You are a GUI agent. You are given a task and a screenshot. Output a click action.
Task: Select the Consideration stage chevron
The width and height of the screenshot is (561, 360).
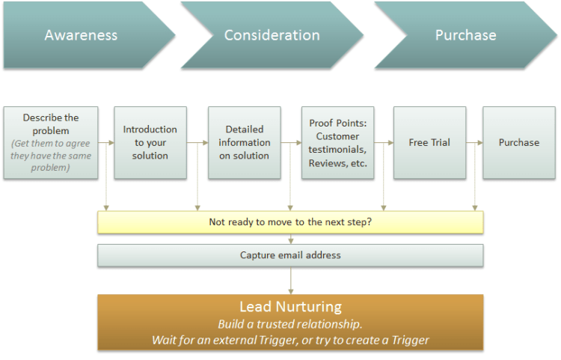[x=272, y=35]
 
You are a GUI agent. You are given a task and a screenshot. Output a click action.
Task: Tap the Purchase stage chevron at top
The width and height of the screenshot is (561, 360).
[x=465, y=35]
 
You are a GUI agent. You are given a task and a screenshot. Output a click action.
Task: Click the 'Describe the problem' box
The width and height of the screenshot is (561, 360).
[x=50, y=142]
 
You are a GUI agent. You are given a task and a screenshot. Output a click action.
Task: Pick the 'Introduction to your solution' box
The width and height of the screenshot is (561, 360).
[x=150, y=142]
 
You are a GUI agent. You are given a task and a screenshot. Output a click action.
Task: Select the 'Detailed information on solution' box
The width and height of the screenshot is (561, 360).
[x=244, y=142]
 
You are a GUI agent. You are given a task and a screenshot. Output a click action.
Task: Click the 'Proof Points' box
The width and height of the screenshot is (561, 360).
[x=337, y=142]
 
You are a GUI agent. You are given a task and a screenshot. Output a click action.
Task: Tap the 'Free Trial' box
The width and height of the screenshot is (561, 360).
[x=429, y=142]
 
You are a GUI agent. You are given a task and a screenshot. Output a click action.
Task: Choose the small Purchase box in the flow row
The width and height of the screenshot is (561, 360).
[x=519, y=142]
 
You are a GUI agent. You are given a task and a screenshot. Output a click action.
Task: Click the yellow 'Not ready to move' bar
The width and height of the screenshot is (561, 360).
[x=290, y=222]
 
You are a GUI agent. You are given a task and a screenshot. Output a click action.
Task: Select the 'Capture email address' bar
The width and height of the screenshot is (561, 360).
[x=290, y=255]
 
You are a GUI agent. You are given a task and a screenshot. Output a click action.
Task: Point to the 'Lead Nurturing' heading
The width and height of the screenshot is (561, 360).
[x=290, y=307]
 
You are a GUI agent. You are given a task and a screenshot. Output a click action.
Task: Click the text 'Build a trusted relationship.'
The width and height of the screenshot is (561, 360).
[x=290, y=324]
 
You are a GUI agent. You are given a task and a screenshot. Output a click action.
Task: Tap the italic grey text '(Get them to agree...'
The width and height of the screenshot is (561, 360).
[x=50, y=157]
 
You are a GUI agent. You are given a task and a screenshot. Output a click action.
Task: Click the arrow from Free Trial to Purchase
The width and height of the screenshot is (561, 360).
[x=474, y=142]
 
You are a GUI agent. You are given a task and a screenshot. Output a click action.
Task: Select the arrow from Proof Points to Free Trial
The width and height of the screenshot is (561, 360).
[x=384, y=142]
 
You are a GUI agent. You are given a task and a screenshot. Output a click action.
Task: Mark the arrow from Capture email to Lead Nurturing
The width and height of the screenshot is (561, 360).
[x=290, y=280]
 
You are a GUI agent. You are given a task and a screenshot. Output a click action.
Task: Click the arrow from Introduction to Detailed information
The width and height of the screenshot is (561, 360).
[x=197, y=142]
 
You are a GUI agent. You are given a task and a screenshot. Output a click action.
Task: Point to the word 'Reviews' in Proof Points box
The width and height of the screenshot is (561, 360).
[x=327, y=163]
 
